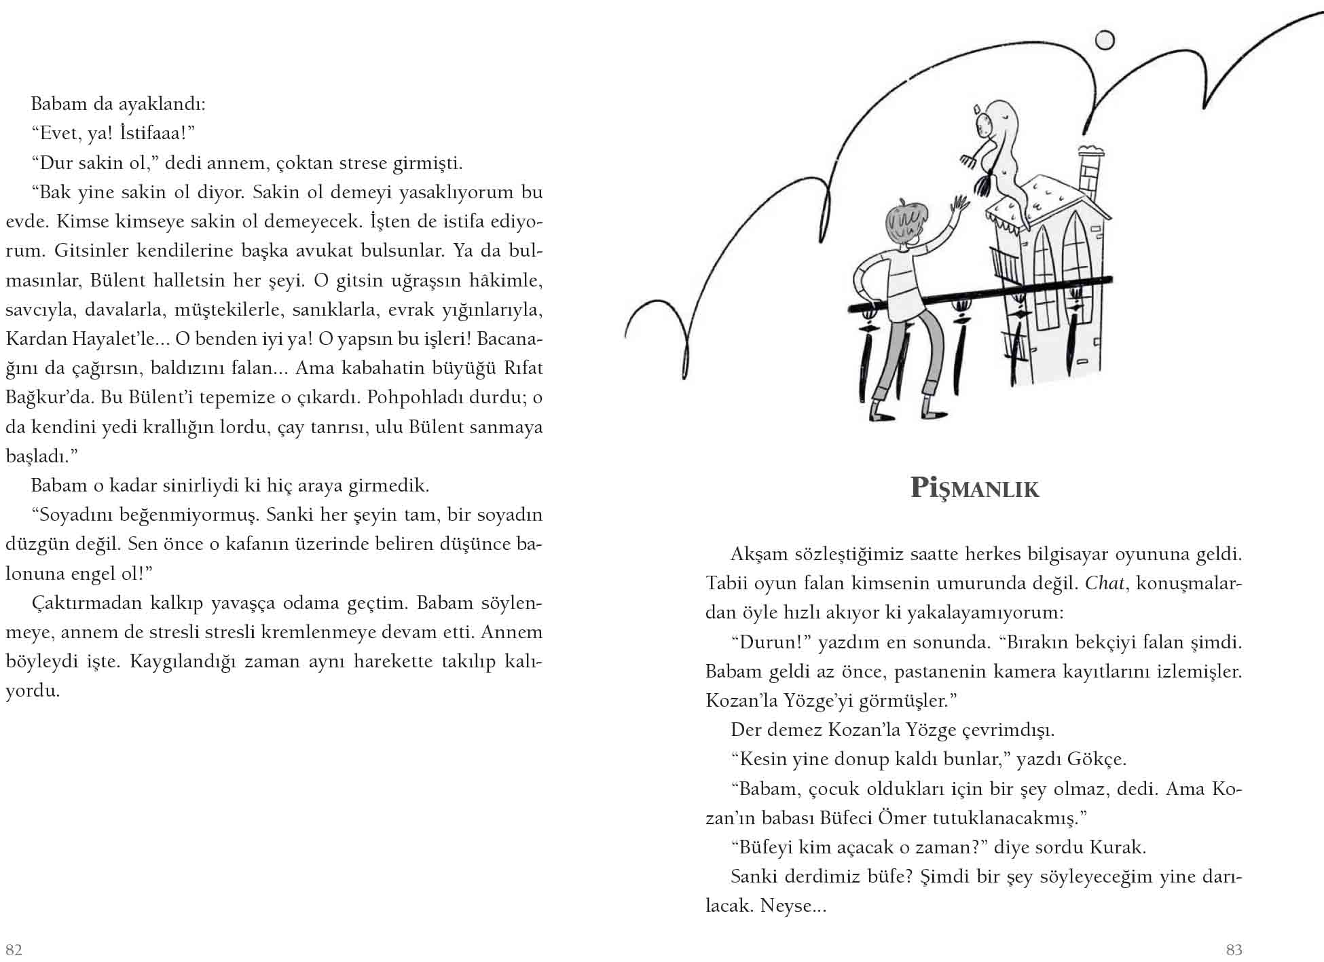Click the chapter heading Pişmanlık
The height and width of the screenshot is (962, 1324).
974,489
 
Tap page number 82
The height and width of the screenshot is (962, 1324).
14,948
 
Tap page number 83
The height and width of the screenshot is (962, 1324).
1234,949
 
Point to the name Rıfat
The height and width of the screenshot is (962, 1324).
523,368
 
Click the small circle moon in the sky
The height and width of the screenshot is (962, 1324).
1105,41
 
